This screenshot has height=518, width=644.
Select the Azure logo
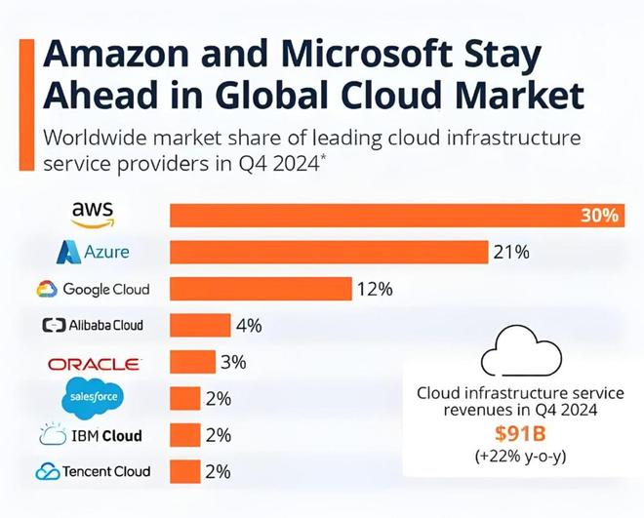93,253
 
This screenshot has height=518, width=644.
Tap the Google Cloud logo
93,289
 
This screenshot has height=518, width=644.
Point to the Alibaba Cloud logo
93,326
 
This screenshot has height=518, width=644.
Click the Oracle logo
94,363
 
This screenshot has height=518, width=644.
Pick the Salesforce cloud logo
94,398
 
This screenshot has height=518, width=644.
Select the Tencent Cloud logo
93,471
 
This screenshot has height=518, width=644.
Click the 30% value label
599,216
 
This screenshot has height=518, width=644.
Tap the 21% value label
510,253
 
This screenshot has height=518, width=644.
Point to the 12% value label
374,289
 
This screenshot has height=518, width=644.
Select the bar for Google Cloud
261,289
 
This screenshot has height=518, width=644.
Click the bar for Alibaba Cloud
200,326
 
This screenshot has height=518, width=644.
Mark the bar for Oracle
192,362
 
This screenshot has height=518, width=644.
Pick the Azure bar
329,253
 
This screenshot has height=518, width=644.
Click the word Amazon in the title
119,55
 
